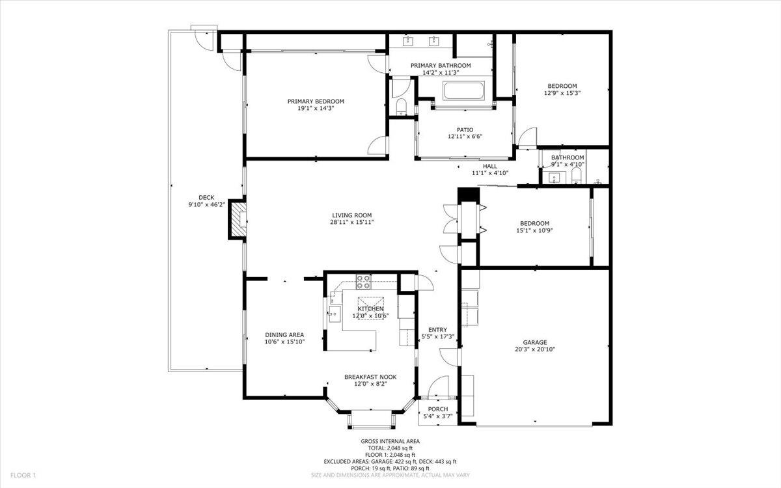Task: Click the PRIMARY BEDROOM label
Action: pyautogui.click(x=316, y=102)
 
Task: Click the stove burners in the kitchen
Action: pyautogui.click(x=363, y=282)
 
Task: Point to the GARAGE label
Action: pyautogui.click(x=535, y=342)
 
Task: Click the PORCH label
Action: pyautogui.click(x=437, y=409)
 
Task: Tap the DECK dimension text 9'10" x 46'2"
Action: pyautogui.click(x=206, y=205)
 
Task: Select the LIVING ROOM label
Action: pyautogui.click(x=351, y=215)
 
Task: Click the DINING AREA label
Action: pyautogui.click(x=284, y=334)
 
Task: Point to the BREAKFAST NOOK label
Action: pyautogui.click(x=370, y=377)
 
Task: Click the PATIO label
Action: pyautogui.click(x=465, y=129)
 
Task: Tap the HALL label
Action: pyautogui.click(x=489, y=166)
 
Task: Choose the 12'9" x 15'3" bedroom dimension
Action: pyautogui.click(x=562, y=93)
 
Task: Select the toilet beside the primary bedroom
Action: pyautogui.click(x=400, y=106)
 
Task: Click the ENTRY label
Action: pyautogui.click(x=437, y=329)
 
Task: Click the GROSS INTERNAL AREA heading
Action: pyautogui.click(x=390, y=441)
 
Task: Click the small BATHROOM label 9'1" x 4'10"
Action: pyautogui.click(x=568, y=157)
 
